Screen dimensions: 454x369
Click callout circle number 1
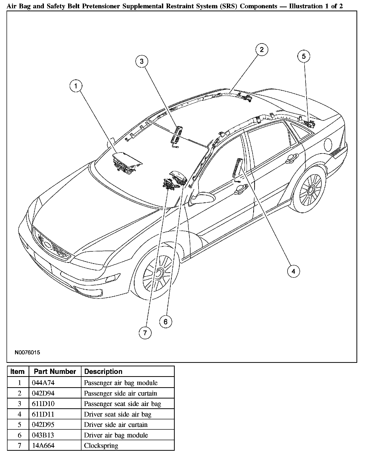[x=76, y=86]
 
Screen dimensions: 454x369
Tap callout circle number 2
[x=262, y=49]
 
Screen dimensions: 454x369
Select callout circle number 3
[x=142, y=61]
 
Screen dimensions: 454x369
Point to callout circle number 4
[x=293, y=271]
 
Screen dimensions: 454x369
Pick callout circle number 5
[x=304, y=56]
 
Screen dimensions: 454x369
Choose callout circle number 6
[x=165, y=322]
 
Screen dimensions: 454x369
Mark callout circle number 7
[x=145, y=333]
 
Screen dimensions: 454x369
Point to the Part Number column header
[x=55, y=372]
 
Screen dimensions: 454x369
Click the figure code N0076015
[x=27, y=352]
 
